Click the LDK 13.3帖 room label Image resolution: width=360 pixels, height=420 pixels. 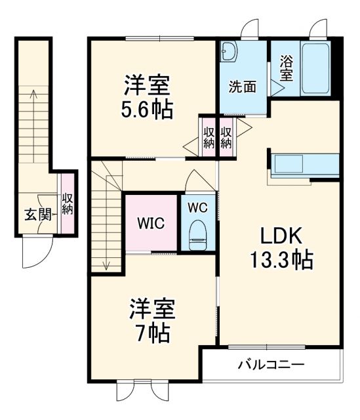click(280, 249)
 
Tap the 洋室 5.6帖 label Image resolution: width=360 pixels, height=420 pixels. click(148, 97)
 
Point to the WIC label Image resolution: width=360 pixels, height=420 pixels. click(150, 222)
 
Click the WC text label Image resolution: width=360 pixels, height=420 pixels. click(197, 207)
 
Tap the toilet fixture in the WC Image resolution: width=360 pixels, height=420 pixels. click(197, 236)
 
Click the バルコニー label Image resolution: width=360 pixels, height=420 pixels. click(271, 364)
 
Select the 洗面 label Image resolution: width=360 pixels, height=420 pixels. click(242, 86)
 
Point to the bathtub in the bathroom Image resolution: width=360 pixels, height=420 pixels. click(315, 68)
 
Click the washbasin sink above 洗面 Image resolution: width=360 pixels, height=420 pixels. click(228, 52)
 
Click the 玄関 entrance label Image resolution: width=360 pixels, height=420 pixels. click(35, 214)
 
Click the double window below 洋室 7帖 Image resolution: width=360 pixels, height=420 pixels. click(134, 390)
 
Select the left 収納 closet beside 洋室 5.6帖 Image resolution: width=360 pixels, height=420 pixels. click(208, 136)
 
